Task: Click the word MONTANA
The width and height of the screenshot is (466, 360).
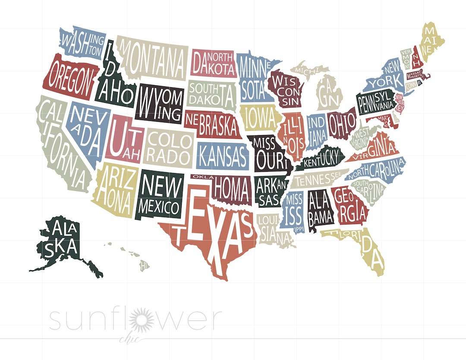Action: click(153, 60)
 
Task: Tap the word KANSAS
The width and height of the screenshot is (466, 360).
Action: click(223, 155)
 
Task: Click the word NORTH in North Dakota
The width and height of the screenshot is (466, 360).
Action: click(222, 57)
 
